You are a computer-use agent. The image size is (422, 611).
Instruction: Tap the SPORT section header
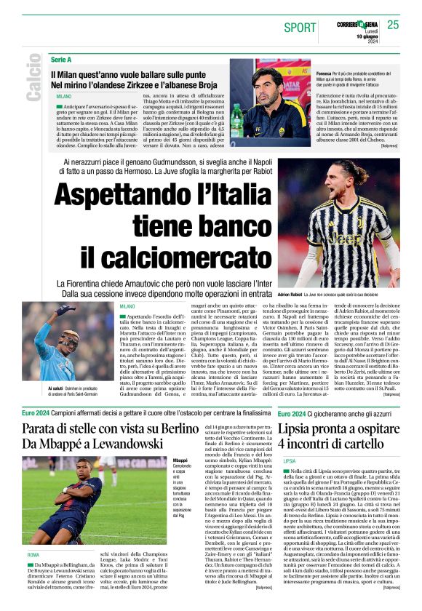click(x=300, y=28)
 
